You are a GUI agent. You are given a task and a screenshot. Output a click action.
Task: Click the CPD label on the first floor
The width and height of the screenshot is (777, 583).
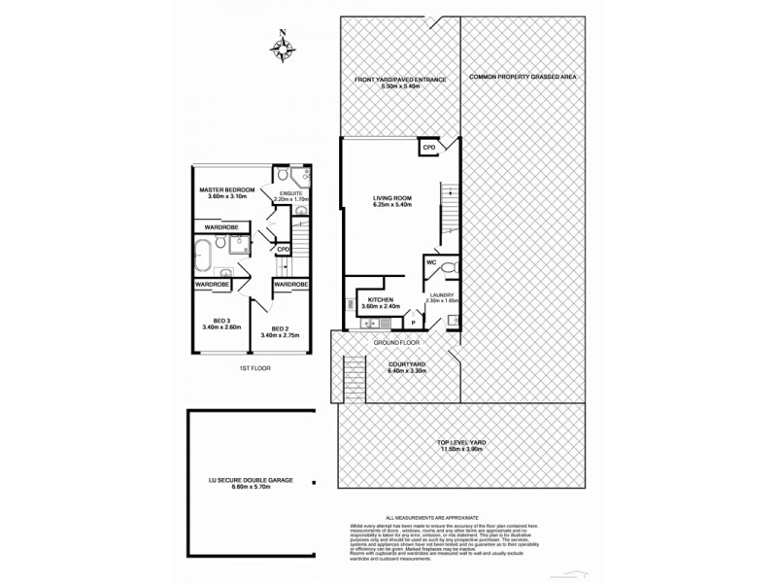[x=283, y=250]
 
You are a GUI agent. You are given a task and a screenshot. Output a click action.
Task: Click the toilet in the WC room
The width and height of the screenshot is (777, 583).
[x=446, y=266]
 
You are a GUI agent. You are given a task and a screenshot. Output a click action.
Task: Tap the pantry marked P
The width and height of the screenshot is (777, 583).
[x=413, y=320]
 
